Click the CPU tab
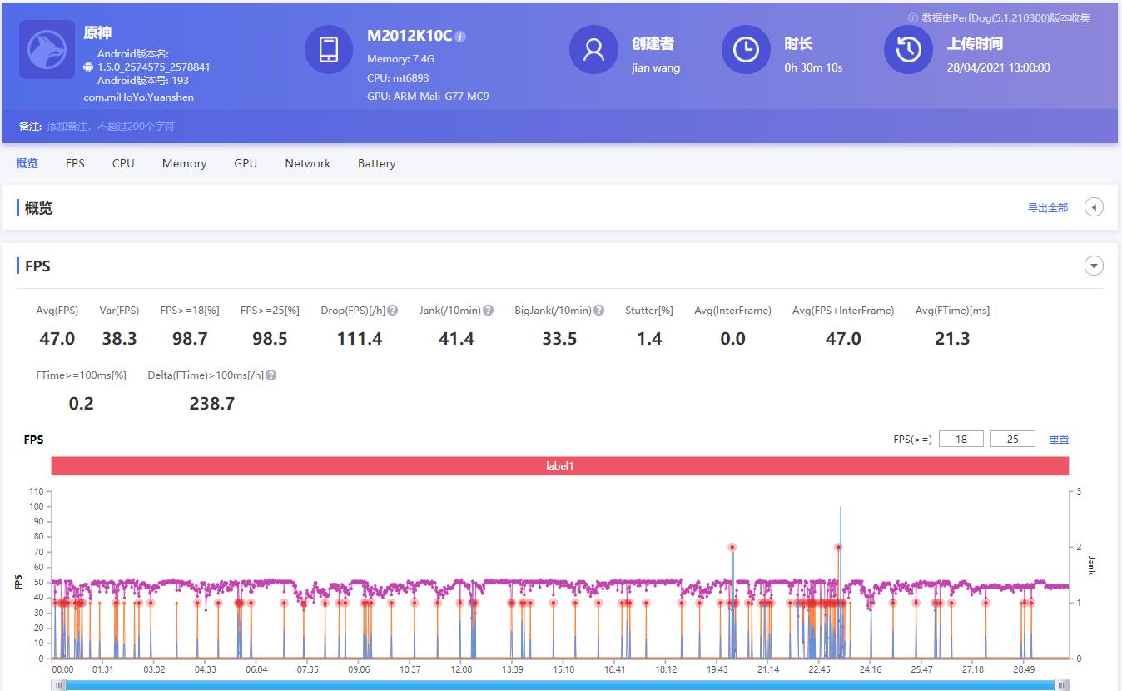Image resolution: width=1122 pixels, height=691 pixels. pyautogui.click(x=123, y=163)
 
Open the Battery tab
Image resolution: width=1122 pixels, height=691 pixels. pyautogui.click(x=376, y=163)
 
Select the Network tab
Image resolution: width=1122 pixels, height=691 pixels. pyautogui.click(x=307, y=163)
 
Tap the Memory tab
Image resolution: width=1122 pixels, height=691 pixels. pyautogui.click(x=184, y=163)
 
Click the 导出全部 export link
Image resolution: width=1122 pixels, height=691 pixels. pyautogui.click(x=1047, y=208)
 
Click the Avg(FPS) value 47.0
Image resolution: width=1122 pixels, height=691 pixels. pyautogui.click(x=57, y=339)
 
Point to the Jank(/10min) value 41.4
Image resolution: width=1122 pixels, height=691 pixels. pyautogui.click(x=456, y=339)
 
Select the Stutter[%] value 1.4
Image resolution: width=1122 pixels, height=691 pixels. pyautogui.click(x=649, y=339)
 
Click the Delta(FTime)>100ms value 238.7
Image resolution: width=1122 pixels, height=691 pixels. pyautogui.click(x=212, y=404)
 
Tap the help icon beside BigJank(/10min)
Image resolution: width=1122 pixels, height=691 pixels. pyautogui.click(x=598, y=311)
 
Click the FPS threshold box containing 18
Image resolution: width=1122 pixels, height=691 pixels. pyautogui.click(x=961, y=439)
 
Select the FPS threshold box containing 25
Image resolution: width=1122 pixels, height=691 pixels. pyautogui.click(x=1013, y=439)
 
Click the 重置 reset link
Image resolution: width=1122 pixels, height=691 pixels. pyautogui.click(x=1059, y=439)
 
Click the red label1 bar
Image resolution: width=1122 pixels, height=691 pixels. pyautogui.click(x=559, y=466)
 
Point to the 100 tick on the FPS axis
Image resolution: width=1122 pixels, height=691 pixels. pyautogui.click(x=36, y=506)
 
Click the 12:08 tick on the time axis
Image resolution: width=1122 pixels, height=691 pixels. pyautogui.click(x=461, y=669)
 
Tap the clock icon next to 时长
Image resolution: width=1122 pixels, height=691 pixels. pyautogui.click(x=745, y=50)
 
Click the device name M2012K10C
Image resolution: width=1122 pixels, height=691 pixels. pyautogui.click(x=410, y=36)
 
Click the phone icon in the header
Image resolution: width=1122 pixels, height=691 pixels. pyautogui.click(x=329, y=50)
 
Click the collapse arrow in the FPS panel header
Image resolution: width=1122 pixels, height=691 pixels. pyautogui.click(x=1094, y=266)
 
